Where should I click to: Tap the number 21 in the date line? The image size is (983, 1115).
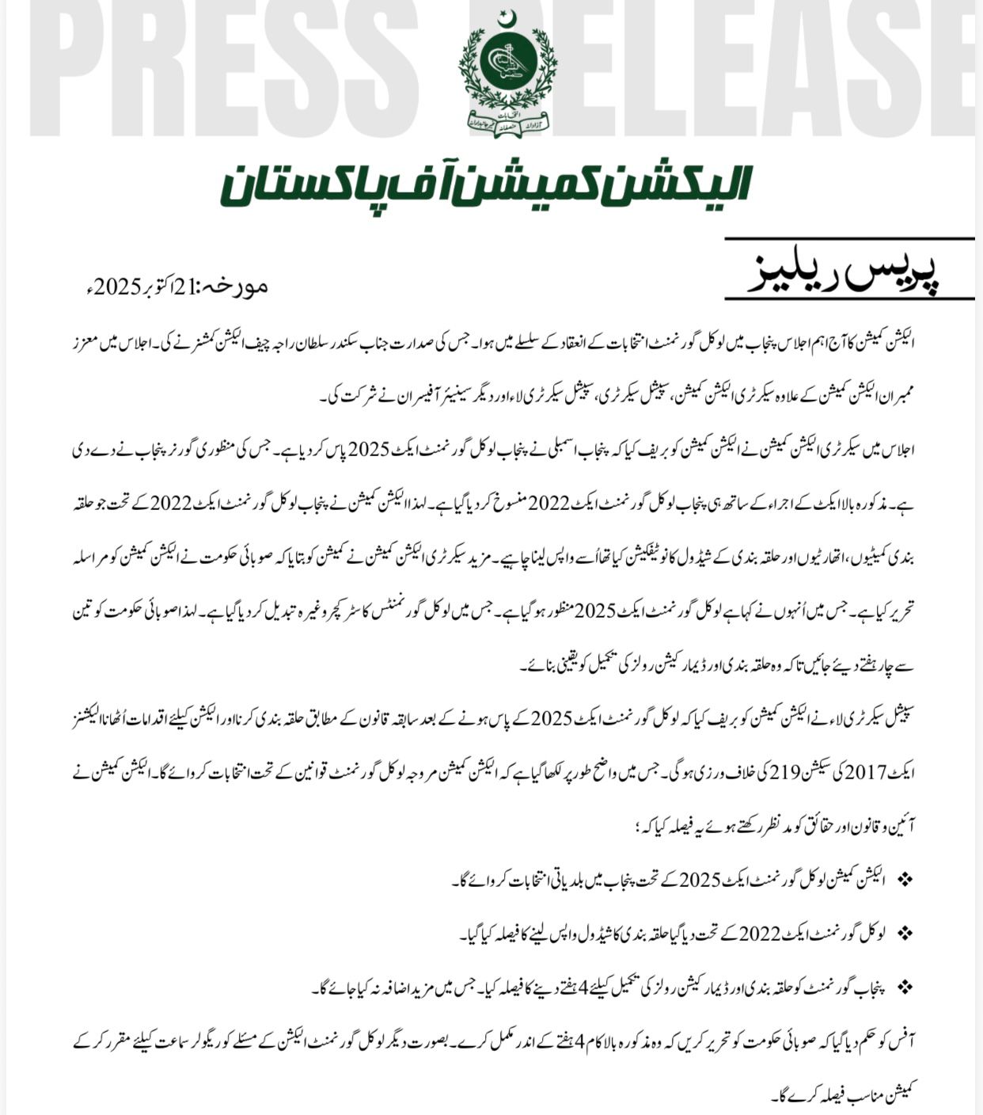coord(180,286)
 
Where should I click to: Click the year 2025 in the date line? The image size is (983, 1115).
coord(115,286)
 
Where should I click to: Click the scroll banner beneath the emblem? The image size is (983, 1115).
coord(507,123)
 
